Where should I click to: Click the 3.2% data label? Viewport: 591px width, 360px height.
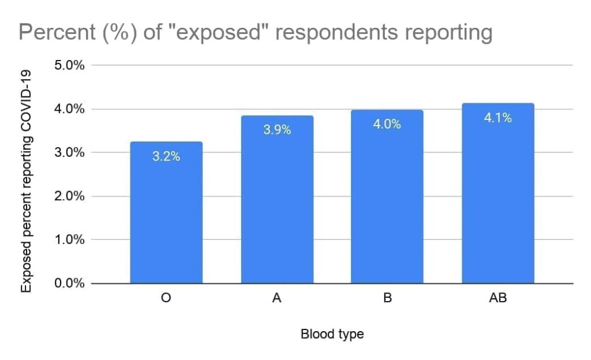[x=166, y=156]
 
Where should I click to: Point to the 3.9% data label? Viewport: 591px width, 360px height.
[x=277, y=130]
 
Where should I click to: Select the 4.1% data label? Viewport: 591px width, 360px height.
[x=498, y=118]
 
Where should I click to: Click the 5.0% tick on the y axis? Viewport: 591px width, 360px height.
[x=69, y=65]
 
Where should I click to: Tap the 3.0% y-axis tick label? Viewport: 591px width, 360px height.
[x=69, y=152]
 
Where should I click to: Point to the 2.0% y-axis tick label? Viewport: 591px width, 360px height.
[x=69, y=196]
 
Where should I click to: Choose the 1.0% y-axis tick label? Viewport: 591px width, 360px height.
[x=69, y=239]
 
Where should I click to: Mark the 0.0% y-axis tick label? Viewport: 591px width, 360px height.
[x=69, y=283]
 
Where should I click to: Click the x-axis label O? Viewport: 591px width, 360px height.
[x=166, y=299]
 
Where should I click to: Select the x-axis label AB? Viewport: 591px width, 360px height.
[x=498, y=299]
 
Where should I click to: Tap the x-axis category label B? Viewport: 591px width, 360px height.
[x=387, y=299]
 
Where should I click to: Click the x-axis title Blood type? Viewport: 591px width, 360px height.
[x=332, y=334]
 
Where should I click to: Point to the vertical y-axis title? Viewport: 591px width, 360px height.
[x=26, y=179]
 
